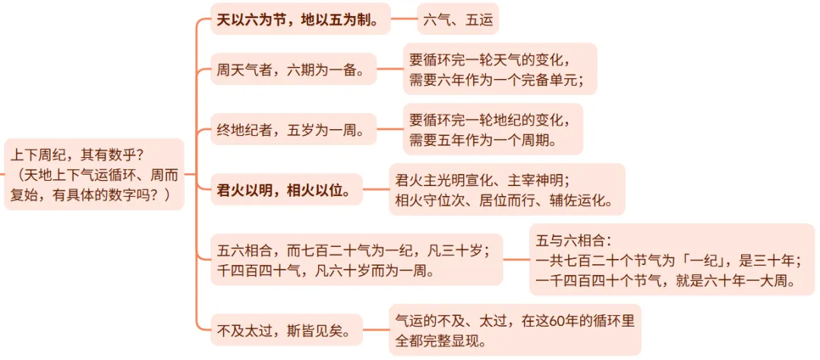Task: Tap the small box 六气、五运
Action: tap(458, 19)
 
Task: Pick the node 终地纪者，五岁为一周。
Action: tap(296, 131)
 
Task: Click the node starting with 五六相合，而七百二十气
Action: tap(357, 259)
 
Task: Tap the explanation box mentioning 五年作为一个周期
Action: tap(493, 129)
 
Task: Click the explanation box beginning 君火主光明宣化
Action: tap(506, 190)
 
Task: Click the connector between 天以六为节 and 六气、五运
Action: tap(404, 19)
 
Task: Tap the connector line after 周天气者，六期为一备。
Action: tap(389, 72)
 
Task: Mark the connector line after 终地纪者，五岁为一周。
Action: tap(389, 131)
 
